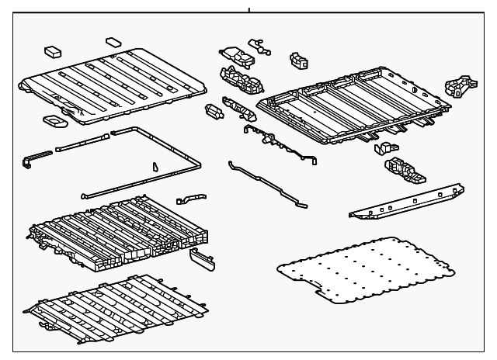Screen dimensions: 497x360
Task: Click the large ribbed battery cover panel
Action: [116, 85]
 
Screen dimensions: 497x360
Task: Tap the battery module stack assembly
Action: [116, 233]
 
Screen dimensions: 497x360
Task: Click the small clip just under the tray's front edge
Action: [384, 147]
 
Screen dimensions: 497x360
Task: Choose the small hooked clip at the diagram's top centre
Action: [258, 46]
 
